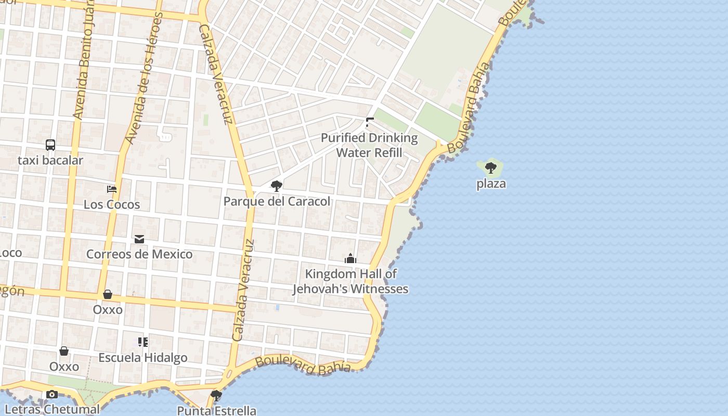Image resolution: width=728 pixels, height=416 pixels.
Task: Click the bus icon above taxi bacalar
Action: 50,145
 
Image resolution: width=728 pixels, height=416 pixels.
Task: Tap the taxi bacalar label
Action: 50,160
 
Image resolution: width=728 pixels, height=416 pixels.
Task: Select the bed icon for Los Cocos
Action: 112,189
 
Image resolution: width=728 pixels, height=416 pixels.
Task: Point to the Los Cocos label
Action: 112,204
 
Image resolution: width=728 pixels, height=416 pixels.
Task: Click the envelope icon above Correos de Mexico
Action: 139,239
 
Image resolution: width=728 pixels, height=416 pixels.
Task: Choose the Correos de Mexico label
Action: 139,254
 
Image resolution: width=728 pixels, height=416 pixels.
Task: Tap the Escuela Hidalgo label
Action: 143,358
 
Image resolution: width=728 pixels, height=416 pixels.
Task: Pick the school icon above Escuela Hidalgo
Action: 143,342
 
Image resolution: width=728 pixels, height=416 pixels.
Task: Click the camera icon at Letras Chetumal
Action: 51,395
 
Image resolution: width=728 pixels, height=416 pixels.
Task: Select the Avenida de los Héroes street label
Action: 142,78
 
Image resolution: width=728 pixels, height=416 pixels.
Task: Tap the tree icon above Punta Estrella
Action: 216,396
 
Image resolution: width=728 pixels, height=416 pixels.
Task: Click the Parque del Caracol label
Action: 277,201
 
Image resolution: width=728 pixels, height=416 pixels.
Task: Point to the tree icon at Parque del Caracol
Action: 277,186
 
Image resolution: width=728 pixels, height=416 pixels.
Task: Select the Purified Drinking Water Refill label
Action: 369,145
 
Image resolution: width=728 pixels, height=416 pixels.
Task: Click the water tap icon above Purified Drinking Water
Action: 369,123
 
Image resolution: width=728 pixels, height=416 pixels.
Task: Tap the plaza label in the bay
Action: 491,184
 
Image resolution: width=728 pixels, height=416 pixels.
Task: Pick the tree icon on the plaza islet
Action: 490,168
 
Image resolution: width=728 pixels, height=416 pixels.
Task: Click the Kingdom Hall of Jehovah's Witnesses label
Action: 350,281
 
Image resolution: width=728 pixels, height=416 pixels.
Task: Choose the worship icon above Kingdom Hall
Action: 350,258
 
